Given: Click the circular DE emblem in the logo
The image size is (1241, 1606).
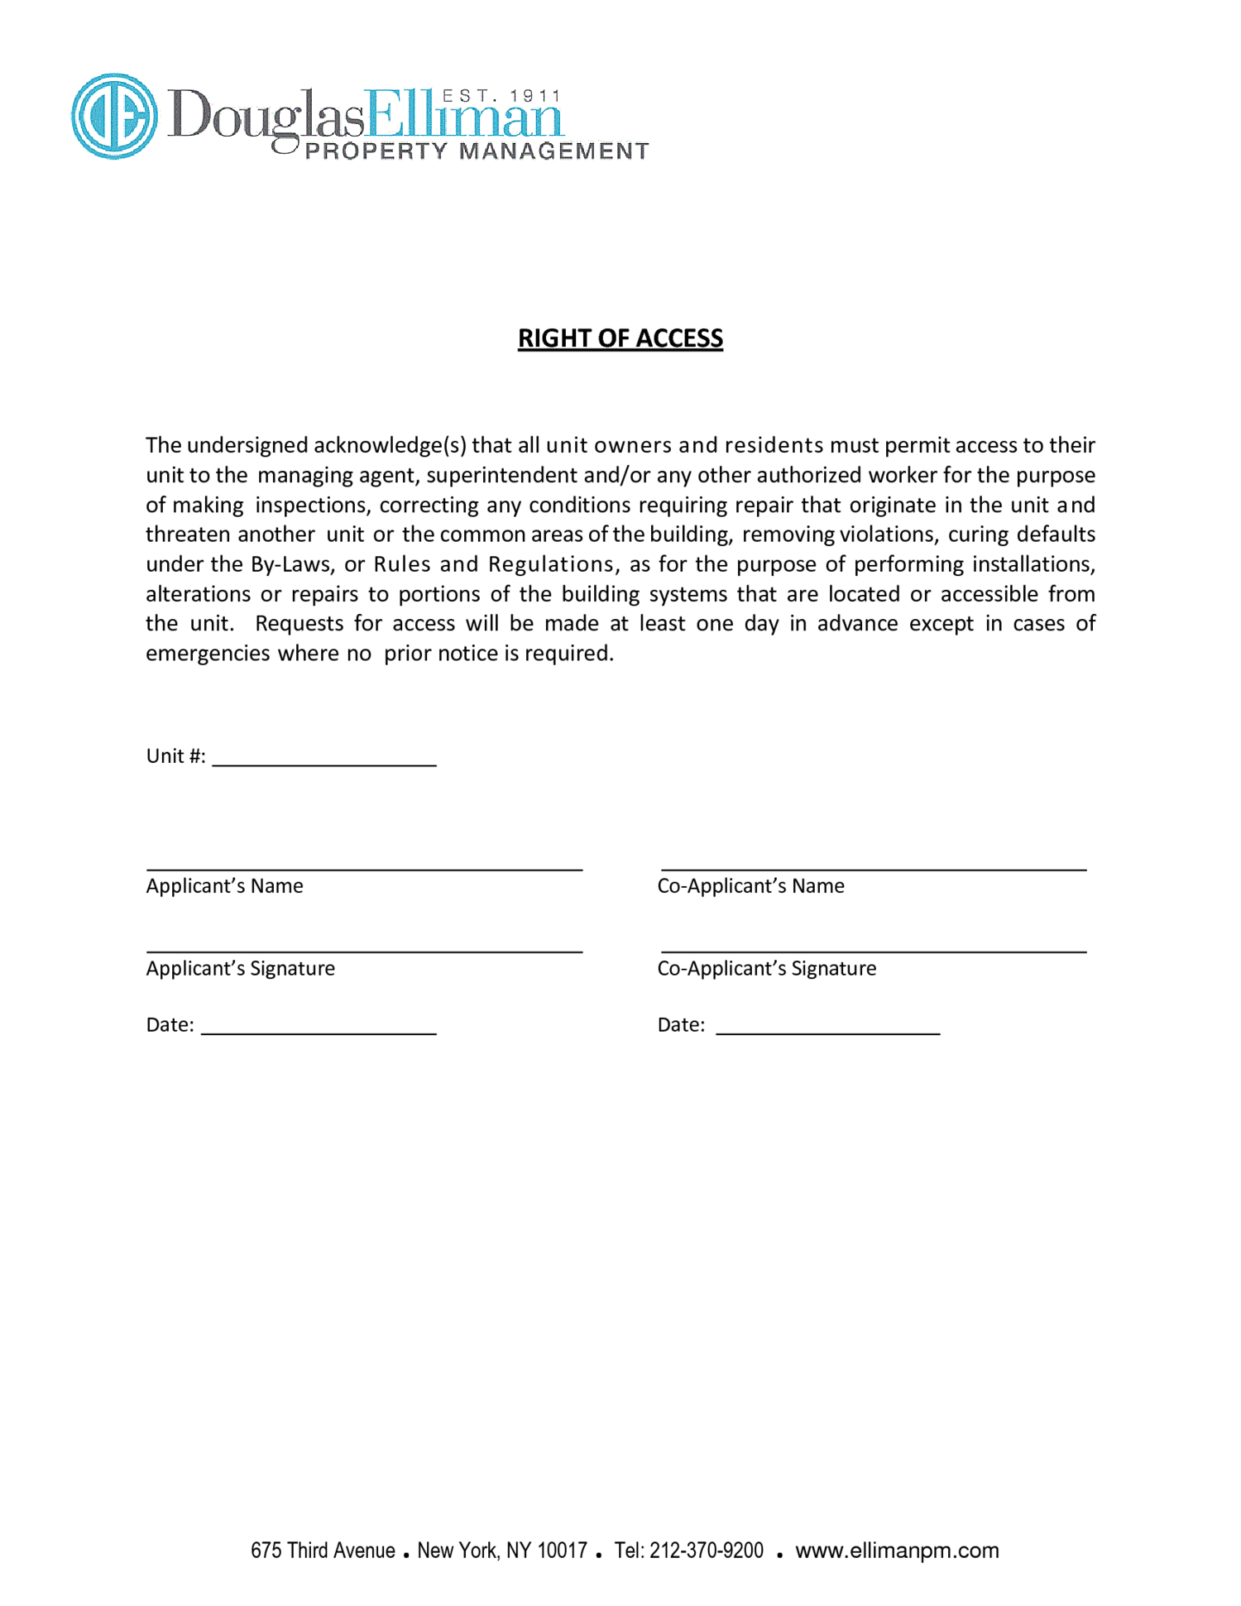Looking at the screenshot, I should pos(114,116).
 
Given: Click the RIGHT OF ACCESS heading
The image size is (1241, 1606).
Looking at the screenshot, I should pos(620,338).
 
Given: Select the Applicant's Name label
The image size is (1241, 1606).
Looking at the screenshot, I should pos(224,886).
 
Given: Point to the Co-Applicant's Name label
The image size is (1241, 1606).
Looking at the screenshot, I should pos(750,886).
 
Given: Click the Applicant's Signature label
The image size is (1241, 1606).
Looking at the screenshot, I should pos(240,969).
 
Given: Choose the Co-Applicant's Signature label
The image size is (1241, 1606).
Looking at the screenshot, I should pos(766,969).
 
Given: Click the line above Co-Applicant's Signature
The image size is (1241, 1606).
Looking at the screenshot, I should pos(873,952).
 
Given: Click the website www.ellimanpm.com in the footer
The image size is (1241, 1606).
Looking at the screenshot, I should pos(897,1551).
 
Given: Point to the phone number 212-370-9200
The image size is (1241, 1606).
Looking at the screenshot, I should pos(706,1551).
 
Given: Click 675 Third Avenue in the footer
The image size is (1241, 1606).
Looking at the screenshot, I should pos(323,1551).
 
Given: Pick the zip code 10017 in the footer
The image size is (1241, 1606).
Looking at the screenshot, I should pos(562,1551).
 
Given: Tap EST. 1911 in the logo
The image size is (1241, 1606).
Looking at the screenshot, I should pos(501,97).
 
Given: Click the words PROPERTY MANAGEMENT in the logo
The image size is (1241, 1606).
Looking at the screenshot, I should pos(477,151).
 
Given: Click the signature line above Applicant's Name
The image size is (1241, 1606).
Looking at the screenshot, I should pos(364,869).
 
